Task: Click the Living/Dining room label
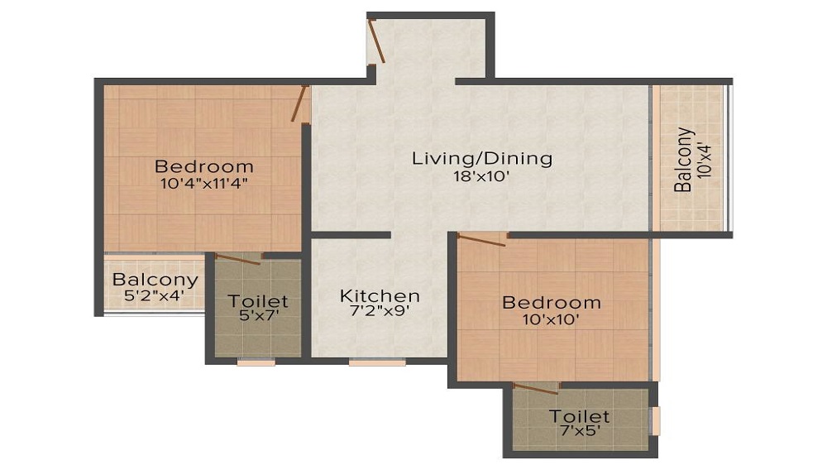coord(482,159)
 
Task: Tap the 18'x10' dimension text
coord(481,177)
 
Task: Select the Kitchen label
coord(380,295)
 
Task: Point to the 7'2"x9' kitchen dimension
coord(380,311)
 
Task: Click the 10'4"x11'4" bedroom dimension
coord(204,184)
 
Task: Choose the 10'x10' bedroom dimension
coord(551,319)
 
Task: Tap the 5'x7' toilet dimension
coord(258,315)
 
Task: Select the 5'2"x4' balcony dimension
coord(154,295)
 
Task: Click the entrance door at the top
coord(376,41)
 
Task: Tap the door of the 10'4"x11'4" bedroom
coord(300,103)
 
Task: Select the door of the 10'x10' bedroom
coord(481,239)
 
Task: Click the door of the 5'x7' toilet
coord(238,258)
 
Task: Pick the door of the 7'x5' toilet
coord(536,389)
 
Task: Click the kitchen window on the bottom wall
coord(377,362)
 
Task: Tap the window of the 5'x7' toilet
coord(256,362)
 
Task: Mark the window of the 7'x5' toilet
coord(656,421)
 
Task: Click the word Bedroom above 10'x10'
coord(551,303)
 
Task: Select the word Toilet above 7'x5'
coord(580,416)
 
